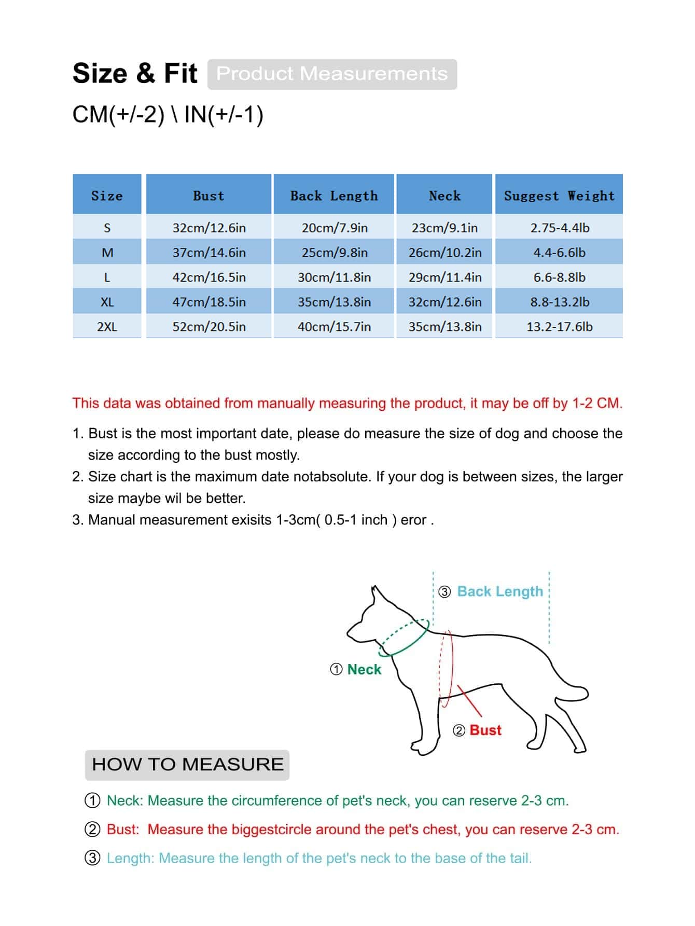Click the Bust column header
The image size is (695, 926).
[208, 196]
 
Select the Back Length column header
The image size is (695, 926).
[334, 196]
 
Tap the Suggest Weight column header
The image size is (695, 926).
[559, 196]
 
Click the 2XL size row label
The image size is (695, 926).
[107, 327]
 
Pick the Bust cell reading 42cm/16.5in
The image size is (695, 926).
[209, 278]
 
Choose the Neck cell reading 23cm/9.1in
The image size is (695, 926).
[444, 228]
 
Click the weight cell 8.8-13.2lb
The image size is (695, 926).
[559, 302]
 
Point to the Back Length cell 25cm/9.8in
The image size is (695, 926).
[335, 253]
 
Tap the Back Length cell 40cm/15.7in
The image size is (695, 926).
[335, 327]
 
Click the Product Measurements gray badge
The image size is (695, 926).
[332, 74]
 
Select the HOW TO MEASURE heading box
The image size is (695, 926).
[187, 764]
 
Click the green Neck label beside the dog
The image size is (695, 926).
[364, 669]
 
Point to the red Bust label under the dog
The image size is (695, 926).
[485, 730]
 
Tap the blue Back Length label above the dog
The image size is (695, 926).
[500, 591]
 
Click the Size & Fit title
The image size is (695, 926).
[135, 73]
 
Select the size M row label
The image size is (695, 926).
[107, 253]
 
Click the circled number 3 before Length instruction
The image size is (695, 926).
[92, 858]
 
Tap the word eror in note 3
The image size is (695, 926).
[413, 520]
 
